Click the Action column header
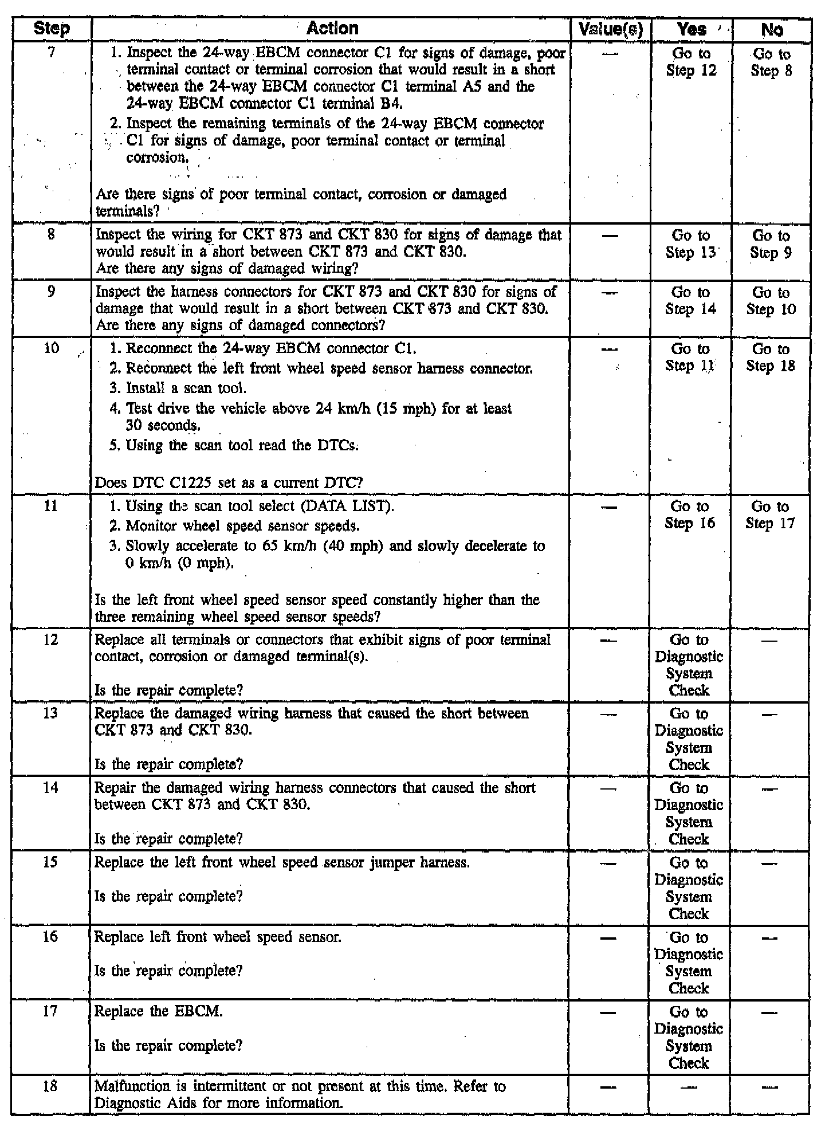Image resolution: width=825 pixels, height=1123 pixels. tap(332, 29)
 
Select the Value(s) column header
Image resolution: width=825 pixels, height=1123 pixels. tap(610, 29)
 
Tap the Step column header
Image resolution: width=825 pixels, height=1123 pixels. tap(52, 29)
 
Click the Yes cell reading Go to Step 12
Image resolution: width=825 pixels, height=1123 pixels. tap(691, 62)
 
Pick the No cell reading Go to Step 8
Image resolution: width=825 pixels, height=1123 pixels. tap(771, 62)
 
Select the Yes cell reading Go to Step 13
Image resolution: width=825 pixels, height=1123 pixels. tap(690, 244)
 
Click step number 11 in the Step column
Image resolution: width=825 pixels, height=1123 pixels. tap(51, 506)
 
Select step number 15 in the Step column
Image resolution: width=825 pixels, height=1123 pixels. tap(50, 862)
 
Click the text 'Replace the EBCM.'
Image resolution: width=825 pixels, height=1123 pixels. tap(159, 1011)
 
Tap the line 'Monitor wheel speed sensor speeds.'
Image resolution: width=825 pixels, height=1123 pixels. tap(235, 526)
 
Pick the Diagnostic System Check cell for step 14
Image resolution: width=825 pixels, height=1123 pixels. tap(689, 814)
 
